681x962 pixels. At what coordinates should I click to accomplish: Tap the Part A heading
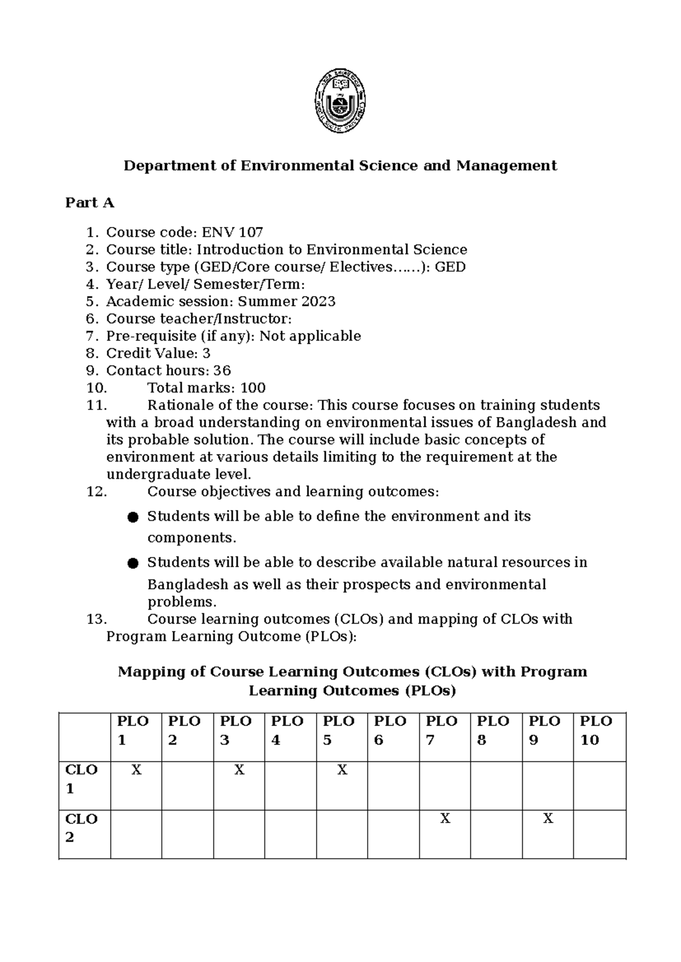pos(90,202)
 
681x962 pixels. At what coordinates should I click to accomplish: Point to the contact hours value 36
pos(222,370)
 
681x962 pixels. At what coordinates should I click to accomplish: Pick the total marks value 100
pos(253,388)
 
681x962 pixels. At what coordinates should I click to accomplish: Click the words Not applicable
pos(310,336)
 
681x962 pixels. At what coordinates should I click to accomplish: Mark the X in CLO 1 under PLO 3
pos(239,770)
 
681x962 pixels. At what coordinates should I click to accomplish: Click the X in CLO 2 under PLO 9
pos(548,818)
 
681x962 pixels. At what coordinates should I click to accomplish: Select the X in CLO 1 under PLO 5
pos(342,770)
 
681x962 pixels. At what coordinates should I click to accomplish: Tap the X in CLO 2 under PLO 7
pos(445,818)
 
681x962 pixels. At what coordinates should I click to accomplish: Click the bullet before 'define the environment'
pos(133,517)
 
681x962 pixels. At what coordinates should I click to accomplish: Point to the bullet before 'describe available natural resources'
pos(133,563)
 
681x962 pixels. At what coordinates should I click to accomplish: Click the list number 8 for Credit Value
pos(92,353)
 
